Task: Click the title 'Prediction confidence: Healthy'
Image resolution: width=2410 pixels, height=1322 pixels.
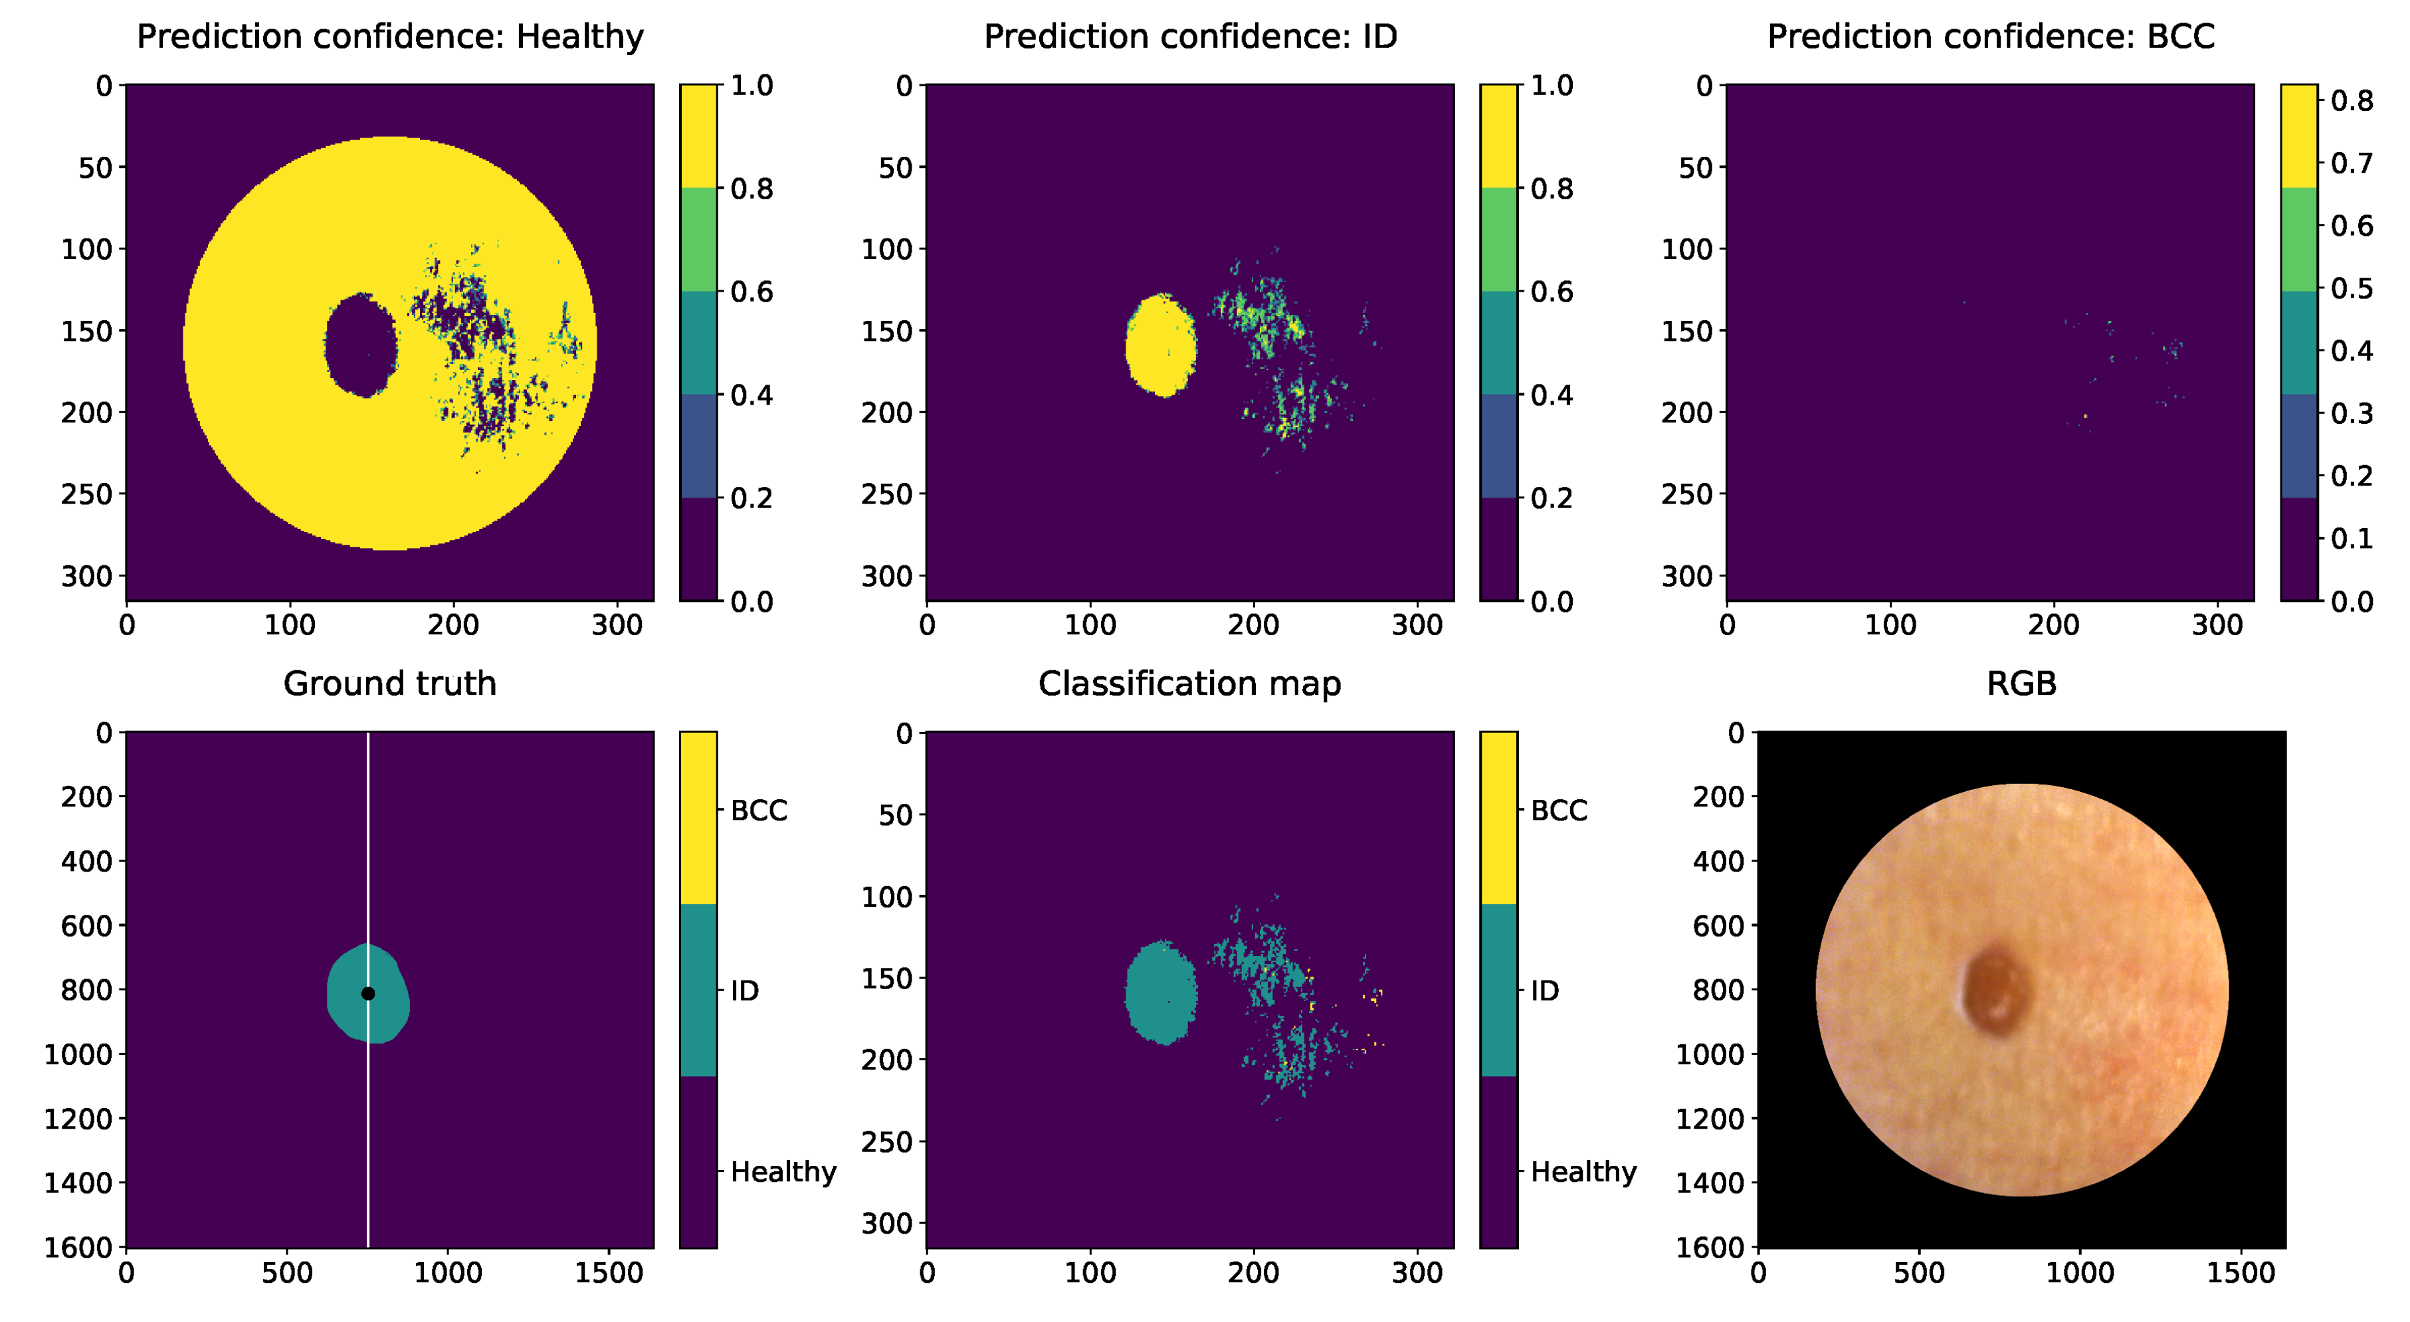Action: click(390, 37)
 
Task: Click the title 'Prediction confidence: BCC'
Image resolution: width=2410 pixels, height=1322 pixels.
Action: click(1990, 37)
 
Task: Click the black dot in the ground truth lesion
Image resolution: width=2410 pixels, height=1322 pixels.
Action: click(367, 994)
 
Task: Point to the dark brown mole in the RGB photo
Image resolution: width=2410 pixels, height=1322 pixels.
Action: click(1993, 992)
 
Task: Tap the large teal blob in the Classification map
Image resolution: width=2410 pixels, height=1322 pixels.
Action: click(1160, 992)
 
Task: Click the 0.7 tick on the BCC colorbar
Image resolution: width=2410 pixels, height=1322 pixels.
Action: click(2351, 163)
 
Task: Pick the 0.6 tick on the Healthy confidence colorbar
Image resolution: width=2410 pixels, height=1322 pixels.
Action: click(752, 292)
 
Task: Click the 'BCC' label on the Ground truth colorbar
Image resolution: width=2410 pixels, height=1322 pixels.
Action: click(757, 810)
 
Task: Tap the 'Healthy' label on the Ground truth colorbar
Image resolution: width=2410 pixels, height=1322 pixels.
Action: click(783, 1171)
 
